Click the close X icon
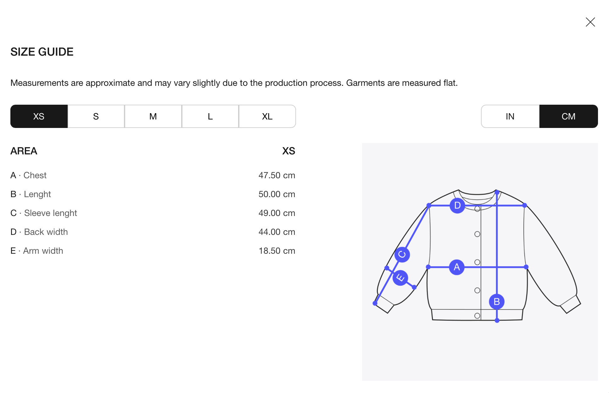(x=590, y=22)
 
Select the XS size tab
(x=39, y=116)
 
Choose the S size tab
(x=96, y=116)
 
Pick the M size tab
(x=153, y=116)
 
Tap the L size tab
(x=210, y=116)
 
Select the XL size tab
(x=267, y=116)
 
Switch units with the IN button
(x=510, y=116)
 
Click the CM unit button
(x=569, y=116)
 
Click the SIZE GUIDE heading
(x=42, y=52)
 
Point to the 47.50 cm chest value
(x=277, y=175)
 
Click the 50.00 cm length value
(x=277, y=194)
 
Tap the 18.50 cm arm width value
(x=277, y=251)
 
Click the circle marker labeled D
(x=457, y=206)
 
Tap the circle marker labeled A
(x=457, y=267)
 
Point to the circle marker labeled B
(x=497, y=302)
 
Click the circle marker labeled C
(x=402, y=255)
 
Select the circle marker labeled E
(x=400, y=278)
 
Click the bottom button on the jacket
(x=477, y=316)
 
